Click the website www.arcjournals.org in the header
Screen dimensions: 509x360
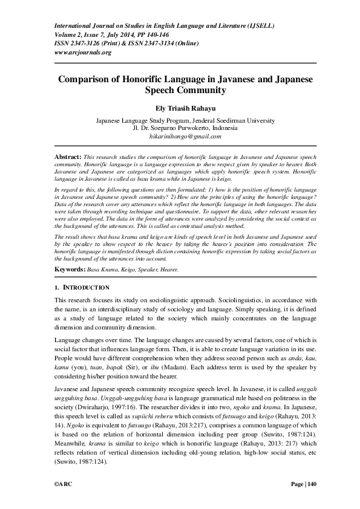83,52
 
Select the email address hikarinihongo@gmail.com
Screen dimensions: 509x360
180,137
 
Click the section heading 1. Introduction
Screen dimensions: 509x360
82,287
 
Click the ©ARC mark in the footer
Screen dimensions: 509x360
64,483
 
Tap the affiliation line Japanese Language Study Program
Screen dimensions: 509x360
139,121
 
